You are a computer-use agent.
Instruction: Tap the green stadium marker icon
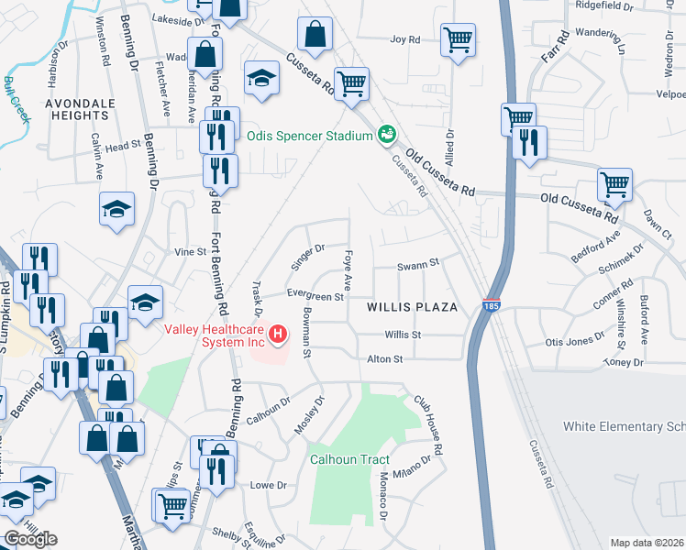click(x=387, y=135)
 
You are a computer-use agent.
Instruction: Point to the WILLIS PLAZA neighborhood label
click(x=412, y=307)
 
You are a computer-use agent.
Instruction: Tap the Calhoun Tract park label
click(x=349, y=459)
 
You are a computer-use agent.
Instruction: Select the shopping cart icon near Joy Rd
click(x=457, y=39)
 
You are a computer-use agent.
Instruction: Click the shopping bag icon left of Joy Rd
click(x=315, y=36)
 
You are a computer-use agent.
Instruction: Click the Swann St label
click(x=419, y=267)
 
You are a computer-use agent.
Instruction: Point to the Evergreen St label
click(x=314, y=296)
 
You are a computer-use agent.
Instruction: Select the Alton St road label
click(x=385, y=360)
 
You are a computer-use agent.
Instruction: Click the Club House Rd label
click(x=428, y=426)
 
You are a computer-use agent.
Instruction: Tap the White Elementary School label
click(x=625, y=426)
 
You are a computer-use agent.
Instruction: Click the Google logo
click(x=30, y=539)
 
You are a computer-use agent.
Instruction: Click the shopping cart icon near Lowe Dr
click(x=172, y=506)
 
